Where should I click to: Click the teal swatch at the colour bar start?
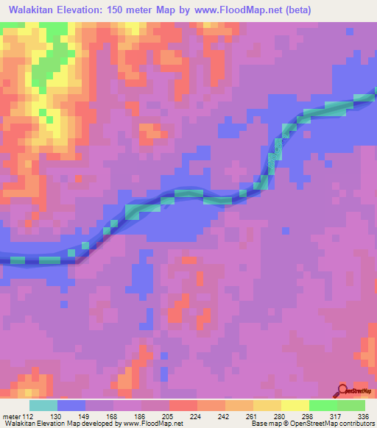pyautogui.click(x=43, y=405)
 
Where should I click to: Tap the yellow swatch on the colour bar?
pyautogui.click(x=295, y=405)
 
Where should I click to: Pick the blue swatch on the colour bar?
pyautogui.click(x=71, y=405)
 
